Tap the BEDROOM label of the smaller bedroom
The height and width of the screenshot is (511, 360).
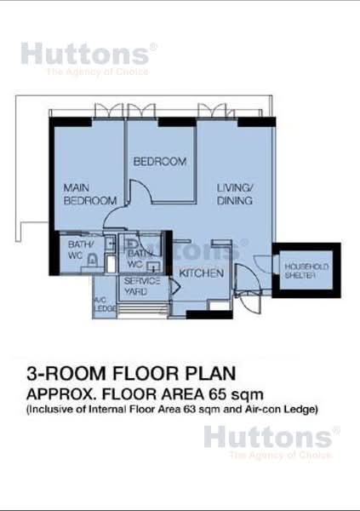point(159,162)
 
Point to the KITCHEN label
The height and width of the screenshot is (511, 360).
point(201,273)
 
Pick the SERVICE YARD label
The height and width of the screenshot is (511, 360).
point(136,286)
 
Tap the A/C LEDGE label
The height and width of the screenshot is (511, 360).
point(99,306)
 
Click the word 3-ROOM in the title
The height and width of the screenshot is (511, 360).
point(61,373)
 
